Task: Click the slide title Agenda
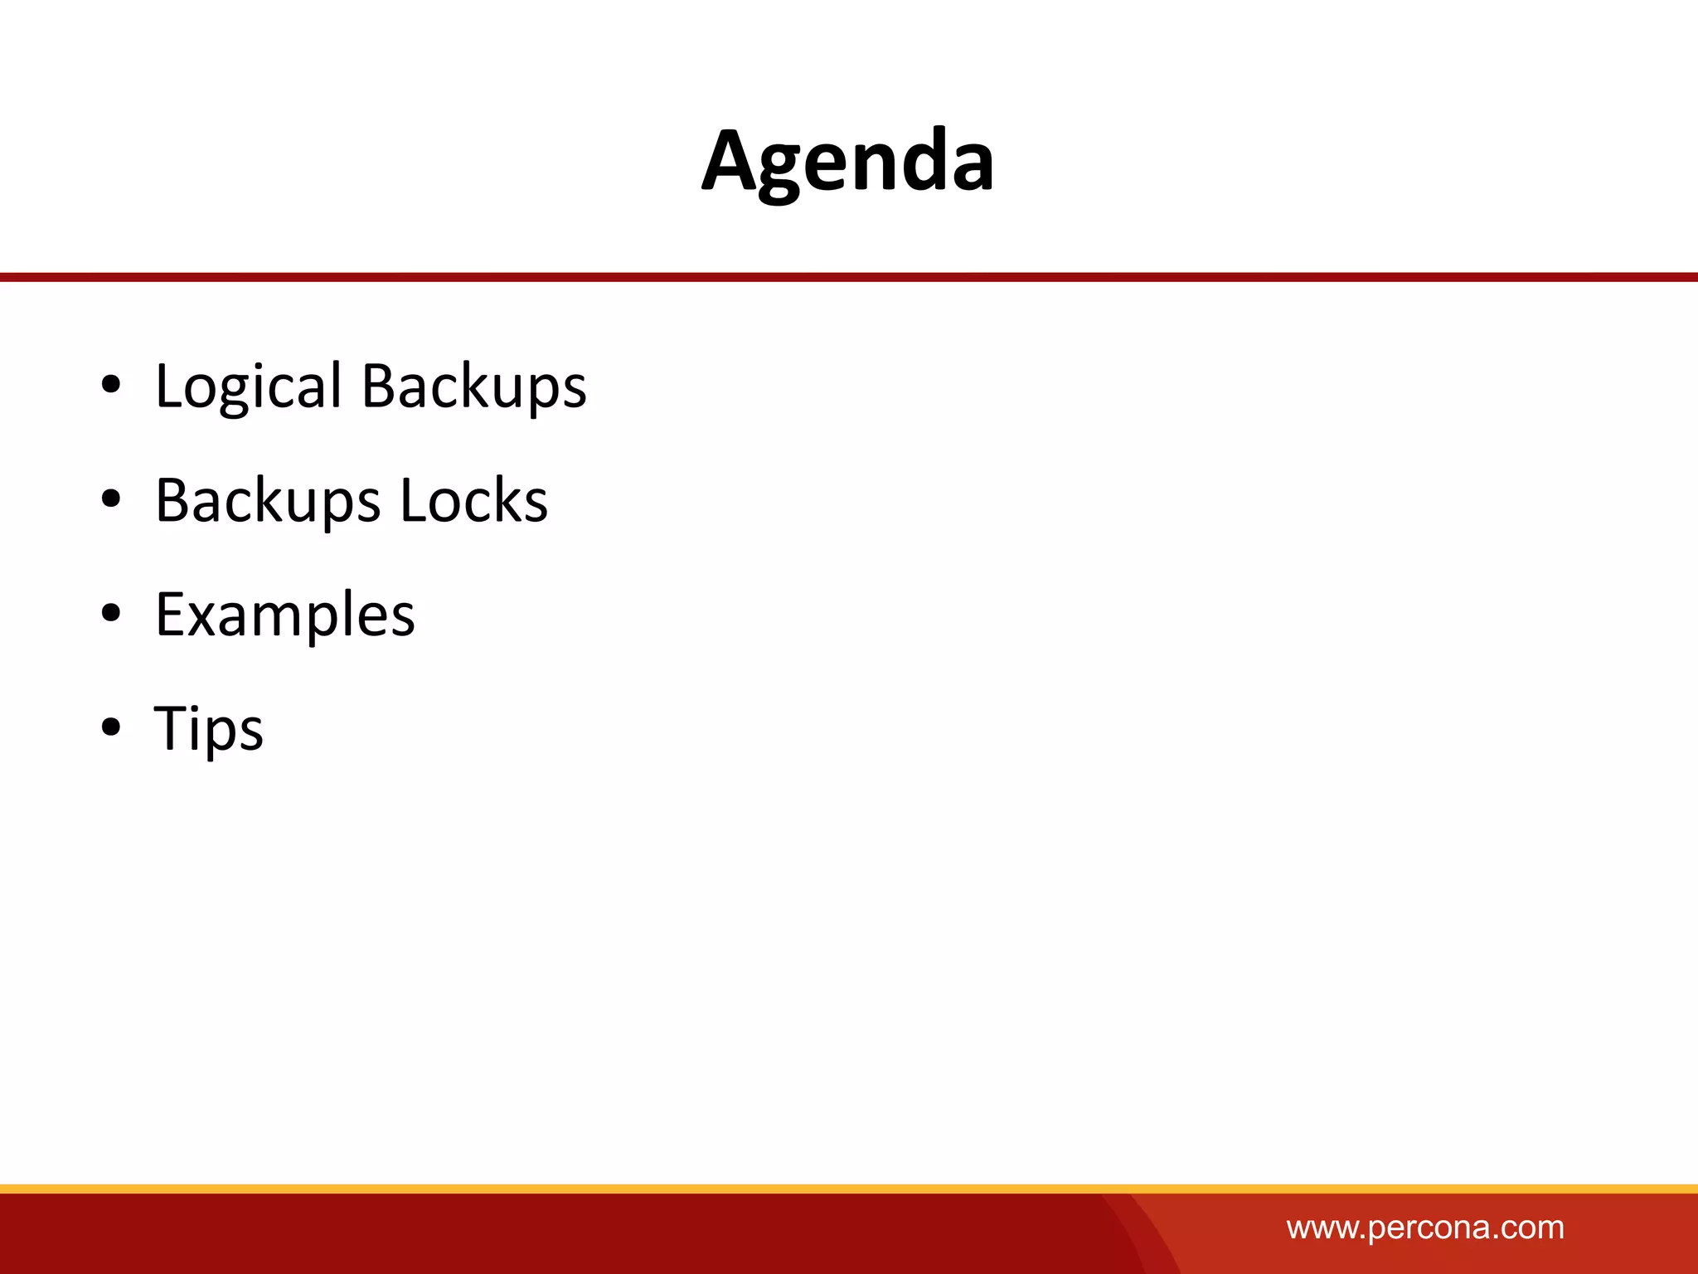pyautogui.click(x=847, y=162)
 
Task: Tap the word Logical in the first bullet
pyautogui.click(x=248, y=387)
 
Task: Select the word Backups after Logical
pyautogui.click(x=474, y=387)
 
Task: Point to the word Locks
pyautogui.click(x=474, y=501)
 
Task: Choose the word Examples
pyautogui.click(x=285, y=615)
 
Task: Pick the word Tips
pyautogui.click(x=209, y=729)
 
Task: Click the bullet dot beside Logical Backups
pyautogui.click(x=111, y=385)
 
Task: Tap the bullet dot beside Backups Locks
pyautogui.click(x=111, y=499)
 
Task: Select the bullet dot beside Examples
pyautogui.click(x=111, y=614)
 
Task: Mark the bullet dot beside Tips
pyautogui.click(x=111, y=727)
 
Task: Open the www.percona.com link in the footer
pyautogui.click(x=1425, y=1228)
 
